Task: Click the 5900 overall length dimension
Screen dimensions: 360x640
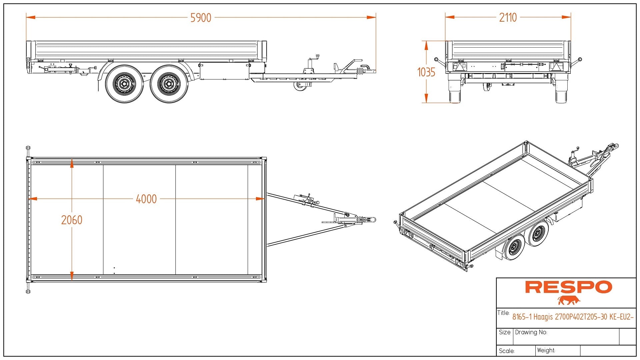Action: pos(201,18)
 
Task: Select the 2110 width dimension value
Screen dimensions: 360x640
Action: pos(508,17)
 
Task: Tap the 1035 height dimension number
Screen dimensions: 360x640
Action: pos(426,72)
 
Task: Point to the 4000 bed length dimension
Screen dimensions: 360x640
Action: pos(146,199)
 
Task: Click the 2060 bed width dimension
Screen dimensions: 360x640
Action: pos(72,220)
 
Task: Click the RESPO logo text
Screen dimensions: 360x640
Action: pos(568,287)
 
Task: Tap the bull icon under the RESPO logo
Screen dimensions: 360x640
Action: pos(569,300)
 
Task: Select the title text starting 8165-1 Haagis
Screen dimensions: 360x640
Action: pos(573,317)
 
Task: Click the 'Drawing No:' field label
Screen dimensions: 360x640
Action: pos(531,332)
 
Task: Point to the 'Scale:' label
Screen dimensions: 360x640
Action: pos(507,351)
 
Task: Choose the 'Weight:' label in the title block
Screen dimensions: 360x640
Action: pos(546,350)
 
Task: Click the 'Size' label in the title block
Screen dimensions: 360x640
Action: pos(505,332)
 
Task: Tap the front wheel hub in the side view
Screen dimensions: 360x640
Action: pos(169,84)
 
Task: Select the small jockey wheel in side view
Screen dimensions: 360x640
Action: pos(301,86)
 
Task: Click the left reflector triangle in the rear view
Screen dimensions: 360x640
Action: pos(460,67)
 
